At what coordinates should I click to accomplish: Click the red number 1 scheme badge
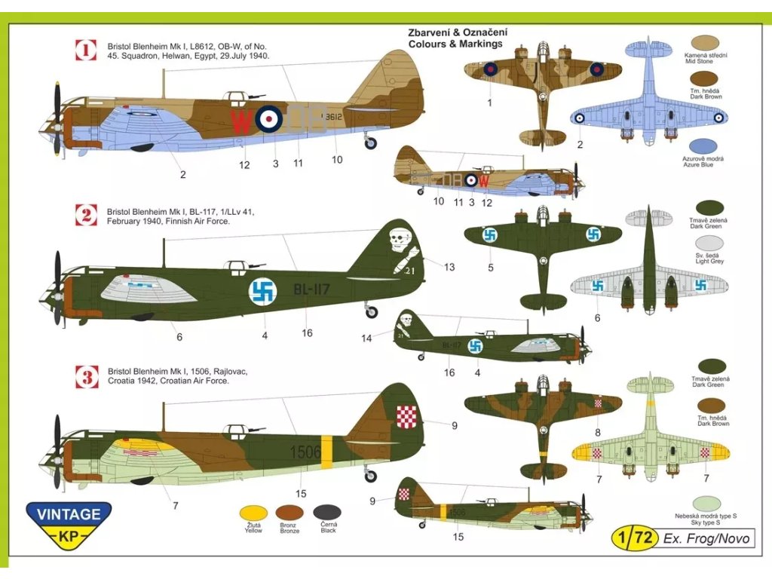click(x=87, y=51)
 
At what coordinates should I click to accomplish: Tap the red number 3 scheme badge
click(x=87, y=375)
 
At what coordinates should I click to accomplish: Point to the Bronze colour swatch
click(x=289, y=511)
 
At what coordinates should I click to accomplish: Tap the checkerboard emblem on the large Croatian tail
click(x=407, y=415)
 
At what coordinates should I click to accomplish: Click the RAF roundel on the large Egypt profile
click(x=268, y=118)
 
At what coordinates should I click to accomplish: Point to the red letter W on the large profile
click(x=240, y=119)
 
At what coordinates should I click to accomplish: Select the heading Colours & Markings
click(x=455, y=44)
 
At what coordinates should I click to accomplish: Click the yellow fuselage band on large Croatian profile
click(x=326, y=452)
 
